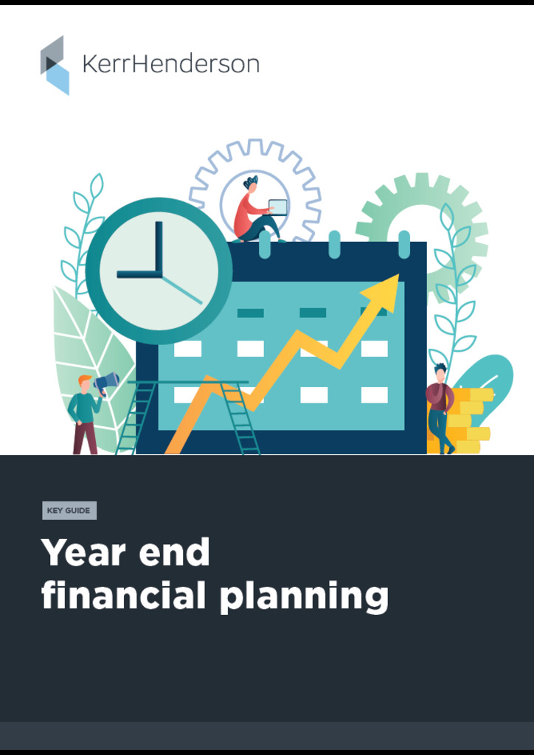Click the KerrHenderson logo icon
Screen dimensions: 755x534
click(x=55, y=65)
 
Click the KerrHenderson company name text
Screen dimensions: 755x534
click(x=170, y=64)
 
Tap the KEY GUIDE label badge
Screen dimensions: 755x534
click(x=69, y=510)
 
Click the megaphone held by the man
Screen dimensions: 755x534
click(x=106, y=382)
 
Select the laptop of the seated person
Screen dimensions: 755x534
click(x=277, y=207)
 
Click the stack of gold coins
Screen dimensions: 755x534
click(x=469, y=420)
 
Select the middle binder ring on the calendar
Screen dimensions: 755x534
click(x=334, y=244)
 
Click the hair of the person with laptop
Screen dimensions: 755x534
click(x=251, y=181)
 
